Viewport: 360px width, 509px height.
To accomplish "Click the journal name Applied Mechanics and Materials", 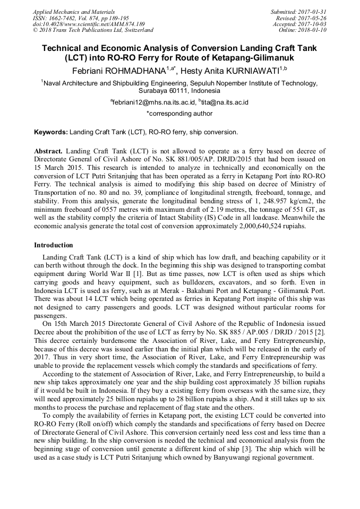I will click(73, 12).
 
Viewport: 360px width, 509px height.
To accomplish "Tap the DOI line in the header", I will click(88, 24).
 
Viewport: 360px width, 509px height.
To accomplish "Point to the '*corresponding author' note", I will click(179, 113).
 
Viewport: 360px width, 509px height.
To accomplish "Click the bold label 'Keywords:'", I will click(51, 132).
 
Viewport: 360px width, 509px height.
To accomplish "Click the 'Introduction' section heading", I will click(54, 245).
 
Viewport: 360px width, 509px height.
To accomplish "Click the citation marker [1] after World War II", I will click(137, 274).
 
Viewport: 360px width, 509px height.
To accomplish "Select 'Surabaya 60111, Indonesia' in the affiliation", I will click(179, 91).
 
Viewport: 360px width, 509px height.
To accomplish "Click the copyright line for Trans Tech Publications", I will click(93, 30).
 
